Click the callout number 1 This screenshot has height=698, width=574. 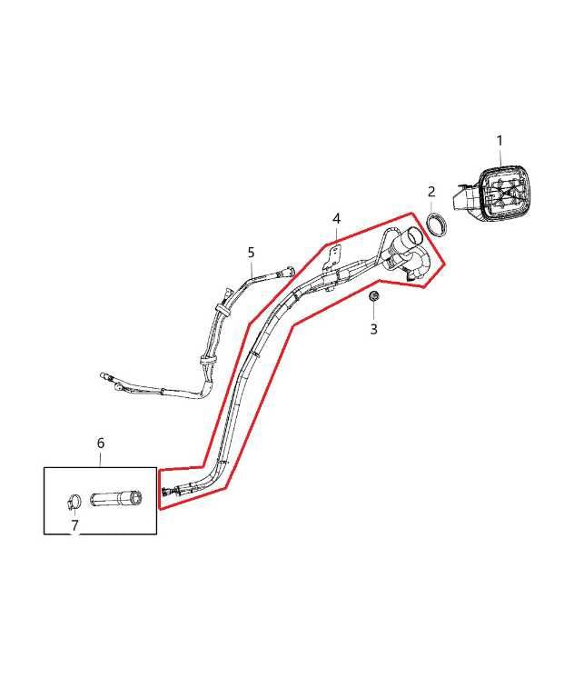(x=500, y=141)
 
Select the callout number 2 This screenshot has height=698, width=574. (x=431, y=192)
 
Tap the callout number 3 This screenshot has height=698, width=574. (x=374, y=329)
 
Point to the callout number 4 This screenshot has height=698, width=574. (x=336, y=218)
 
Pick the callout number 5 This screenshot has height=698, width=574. (x=251, y=253)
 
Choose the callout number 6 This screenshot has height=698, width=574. (x=101, y=443)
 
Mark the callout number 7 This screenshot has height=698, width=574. (x=74, y=525)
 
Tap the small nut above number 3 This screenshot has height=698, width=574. (x=374, y=295)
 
